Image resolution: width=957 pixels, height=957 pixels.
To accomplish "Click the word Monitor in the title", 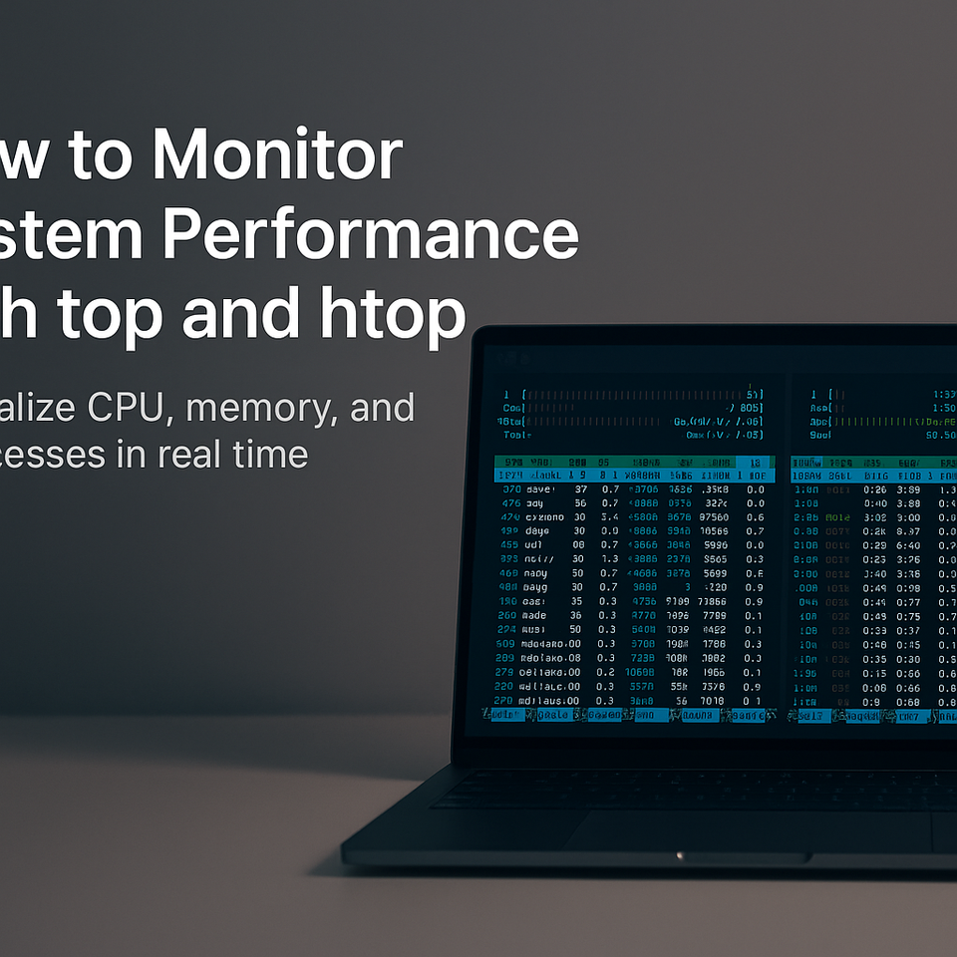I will click(x=277, y=156).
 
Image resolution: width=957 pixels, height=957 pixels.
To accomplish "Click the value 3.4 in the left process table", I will click(x=609, y=516).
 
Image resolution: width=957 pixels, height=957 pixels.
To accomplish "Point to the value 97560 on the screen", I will click(x=714, y=516).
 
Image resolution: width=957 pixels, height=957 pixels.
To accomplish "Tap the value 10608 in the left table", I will click(x=640, y=672).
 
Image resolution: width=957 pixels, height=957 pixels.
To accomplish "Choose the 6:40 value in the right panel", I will click(x=907, y=545).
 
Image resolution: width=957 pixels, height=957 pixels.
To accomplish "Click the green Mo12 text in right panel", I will click(x=837, y=517).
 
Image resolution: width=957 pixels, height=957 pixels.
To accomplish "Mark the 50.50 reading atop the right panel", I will click(x=939, y=435).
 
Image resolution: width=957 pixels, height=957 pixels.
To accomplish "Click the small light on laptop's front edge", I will click(x=680, y=854).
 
